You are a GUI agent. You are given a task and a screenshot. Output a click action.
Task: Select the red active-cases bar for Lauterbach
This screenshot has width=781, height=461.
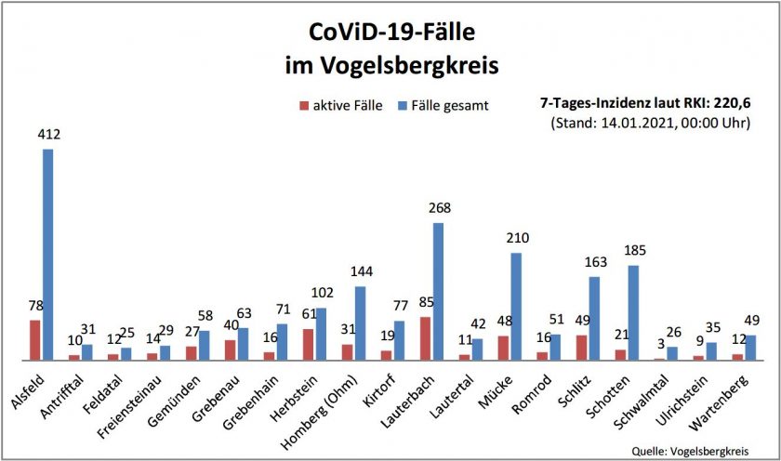point(426,338)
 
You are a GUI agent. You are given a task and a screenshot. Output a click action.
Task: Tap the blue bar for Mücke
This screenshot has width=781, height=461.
point(516,306)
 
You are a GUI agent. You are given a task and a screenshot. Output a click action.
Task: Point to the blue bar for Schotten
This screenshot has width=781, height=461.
point(633,312)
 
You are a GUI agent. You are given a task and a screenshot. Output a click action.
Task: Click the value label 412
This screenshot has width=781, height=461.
point(48,135)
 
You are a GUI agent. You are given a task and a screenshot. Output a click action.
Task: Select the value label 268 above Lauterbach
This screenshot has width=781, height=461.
point(439,208)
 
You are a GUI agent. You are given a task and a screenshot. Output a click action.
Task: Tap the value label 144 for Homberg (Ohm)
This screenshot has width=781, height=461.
point(361,271)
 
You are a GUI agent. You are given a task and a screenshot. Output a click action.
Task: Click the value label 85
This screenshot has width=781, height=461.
point(424,302)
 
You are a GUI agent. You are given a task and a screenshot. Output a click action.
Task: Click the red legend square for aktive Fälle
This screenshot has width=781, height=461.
point(304,106)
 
